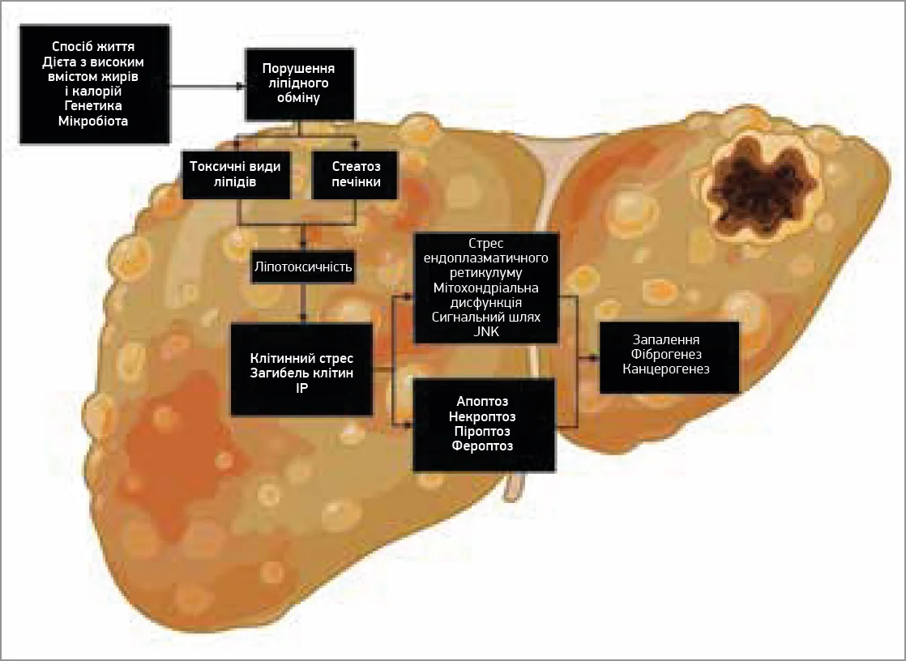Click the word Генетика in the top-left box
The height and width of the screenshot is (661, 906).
point(95,105)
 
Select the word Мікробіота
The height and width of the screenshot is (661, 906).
point(95,121)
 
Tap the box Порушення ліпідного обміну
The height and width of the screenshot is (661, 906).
point(299,83)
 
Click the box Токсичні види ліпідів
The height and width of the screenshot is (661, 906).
point(236,174)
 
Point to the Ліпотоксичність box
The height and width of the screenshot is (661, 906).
point(303,266)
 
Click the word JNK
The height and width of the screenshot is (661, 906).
point(486,331)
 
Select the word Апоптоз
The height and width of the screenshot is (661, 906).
point(483,402)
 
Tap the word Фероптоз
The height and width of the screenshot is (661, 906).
point(483,446)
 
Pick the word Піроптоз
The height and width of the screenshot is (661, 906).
point(483,431)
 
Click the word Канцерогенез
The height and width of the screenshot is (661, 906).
point(667,369)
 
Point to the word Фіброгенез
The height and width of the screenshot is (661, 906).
point(667,355)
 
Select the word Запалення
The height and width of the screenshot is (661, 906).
point(667,340)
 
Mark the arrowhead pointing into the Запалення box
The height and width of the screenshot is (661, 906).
point(595,356)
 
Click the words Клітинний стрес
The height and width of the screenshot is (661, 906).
point(302,358)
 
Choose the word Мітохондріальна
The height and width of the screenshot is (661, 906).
point(486,288)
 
